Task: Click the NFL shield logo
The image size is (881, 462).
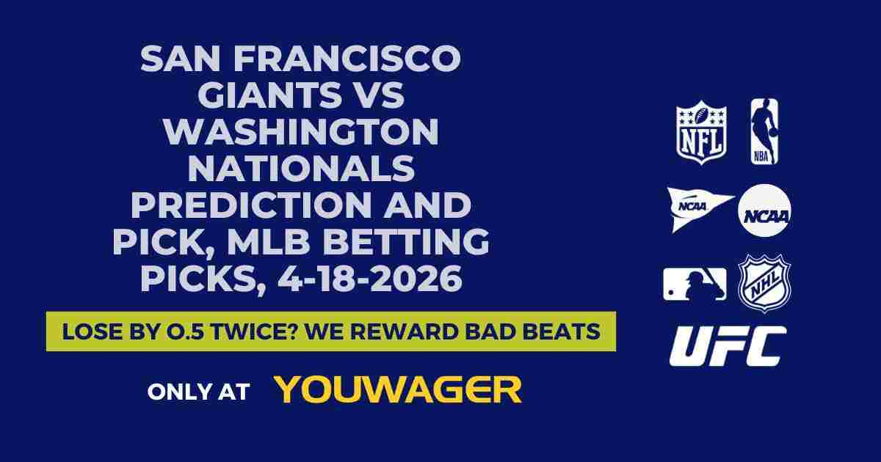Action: pos(701,132)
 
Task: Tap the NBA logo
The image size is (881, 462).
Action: pos(764,131)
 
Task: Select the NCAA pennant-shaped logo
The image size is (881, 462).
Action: pos(697,208)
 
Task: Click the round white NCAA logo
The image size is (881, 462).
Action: pos(764,210)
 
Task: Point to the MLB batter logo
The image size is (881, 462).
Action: pos(694,284)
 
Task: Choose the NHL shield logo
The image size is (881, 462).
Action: pos(764,283)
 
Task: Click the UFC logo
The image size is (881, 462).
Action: pos(728,346)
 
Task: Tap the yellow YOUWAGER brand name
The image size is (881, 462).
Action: pos(398,390)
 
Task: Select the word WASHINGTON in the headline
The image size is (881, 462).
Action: pos(301,133)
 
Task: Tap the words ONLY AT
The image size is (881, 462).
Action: pos(198,391)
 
